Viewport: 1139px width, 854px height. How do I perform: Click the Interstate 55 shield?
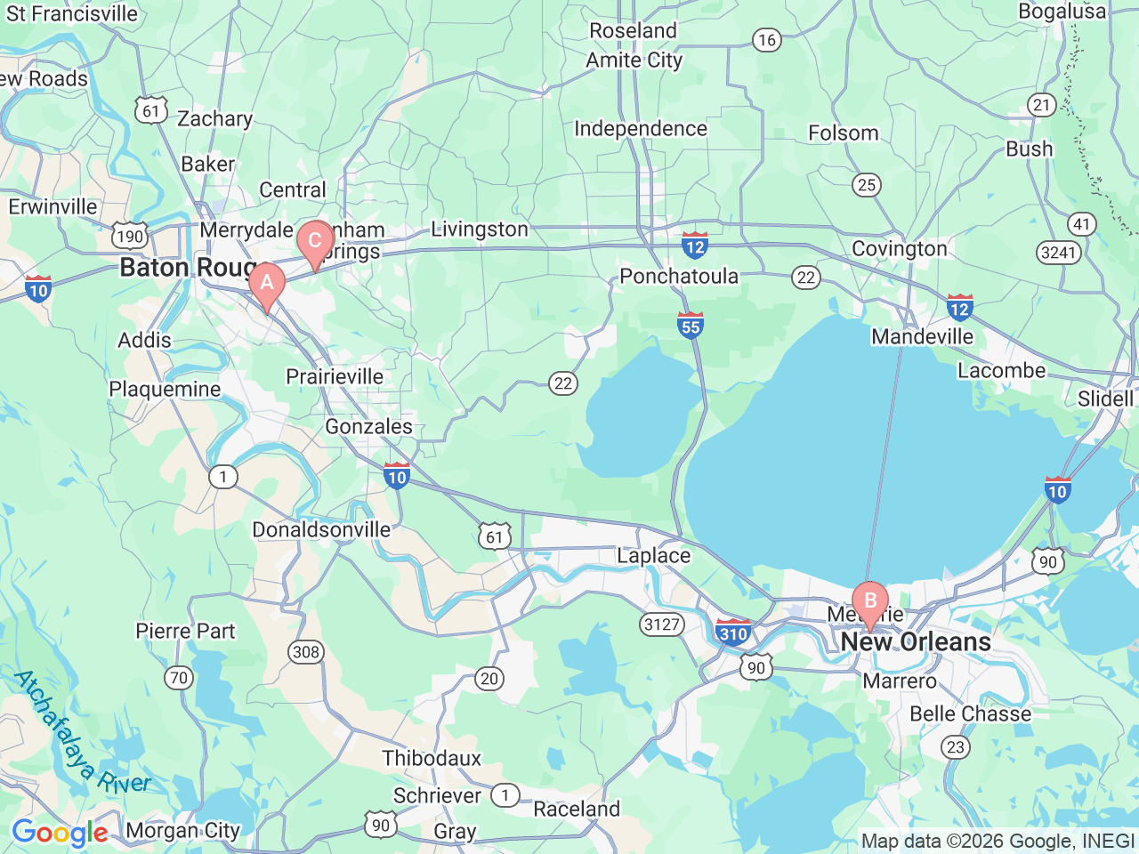pyautogui.click(x=691, y=326)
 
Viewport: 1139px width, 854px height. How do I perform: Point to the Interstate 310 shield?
pyautogui.click(x=732, y=632)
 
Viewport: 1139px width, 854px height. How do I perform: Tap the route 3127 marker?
pyautogui.click(x=662, y=624)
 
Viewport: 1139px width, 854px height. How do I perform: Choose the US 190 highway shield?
pyautogui.click(x=130, y=236)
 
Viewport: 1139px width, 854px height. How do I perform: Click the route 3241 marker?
pyautogui.click(x=1058, y=253)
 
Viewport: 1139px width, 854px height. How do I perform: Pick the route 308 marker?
pyautogui.click(x=305, y=652)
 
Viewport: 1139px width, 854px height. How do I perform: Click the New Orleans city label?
pyautogui.click(x=916, y=642)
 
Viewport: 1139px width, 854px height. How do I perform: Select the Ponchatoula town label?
pyautogui.click(x=679, y=277)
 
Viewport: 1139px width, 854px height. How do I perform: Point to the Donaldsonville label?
pyautogui.click(x=321, y=530)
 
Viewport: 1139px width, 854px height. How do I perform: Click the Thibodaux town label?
pyautogui.click(x=432, y=759)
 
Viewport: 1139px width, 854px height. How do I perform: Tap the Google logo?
pyautogui.click(x=60, y=833)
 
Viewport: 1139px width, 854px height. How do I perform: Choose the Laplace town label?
pyautogui.click(x=653, y=556)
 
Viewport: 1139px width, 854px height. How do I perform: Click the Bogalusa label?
pyautogui.click(x=1062, y=12)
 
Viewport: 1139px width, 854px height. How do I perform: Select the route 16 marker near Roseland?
pyautogui.click(x=766, y=40)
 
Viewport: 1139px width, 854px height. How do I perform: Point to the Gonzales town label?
pyautogui.click(x=368, y=427)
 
